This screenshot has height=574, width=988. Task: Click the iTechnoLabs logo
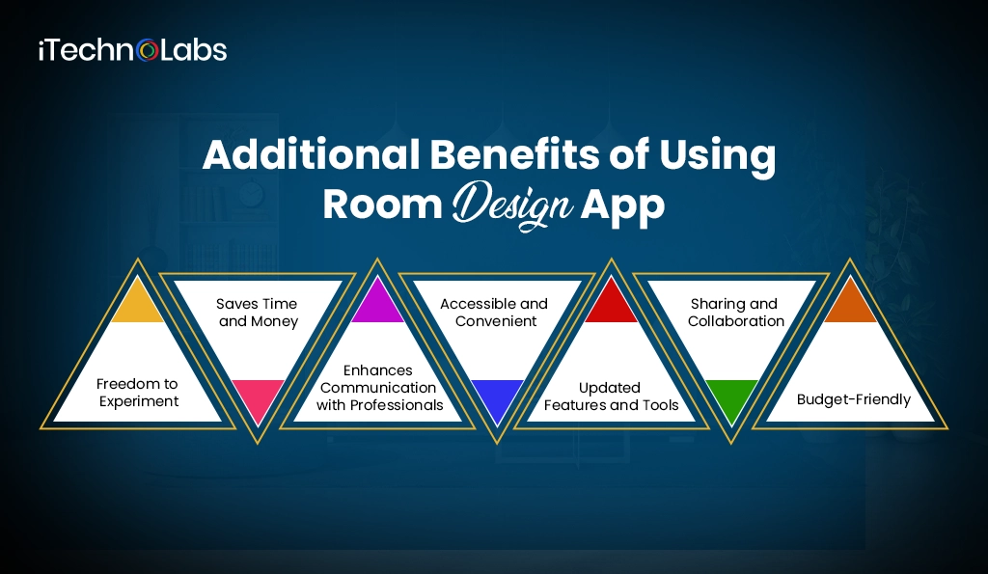click(x=132, y=50)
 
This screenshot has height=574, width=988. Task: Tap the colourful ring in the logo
click(x=148, y=50)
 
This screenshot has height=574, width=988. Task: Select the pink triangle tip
click(x=258, y=397)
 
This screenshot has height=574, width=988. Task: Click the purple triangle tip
click(x=378, y=305)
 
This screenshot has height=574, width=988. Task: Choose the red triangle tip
click(x=612, y=305)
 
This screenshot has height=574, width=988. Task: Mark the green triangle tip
click(x=732, y=397)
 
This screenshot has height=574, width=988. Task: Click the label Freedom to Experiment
click(x=137, y=392)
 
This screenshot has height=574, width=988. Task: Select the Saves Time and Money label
click(x=259, y=313)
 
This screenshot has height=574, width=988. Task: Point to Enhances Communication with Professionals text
click(x=379, y=387)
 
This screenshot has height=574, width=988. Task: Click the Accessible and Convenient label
click(x=494, y=312)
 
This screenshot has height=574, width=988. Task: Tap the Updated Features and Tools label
click(x=612, y=396)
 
